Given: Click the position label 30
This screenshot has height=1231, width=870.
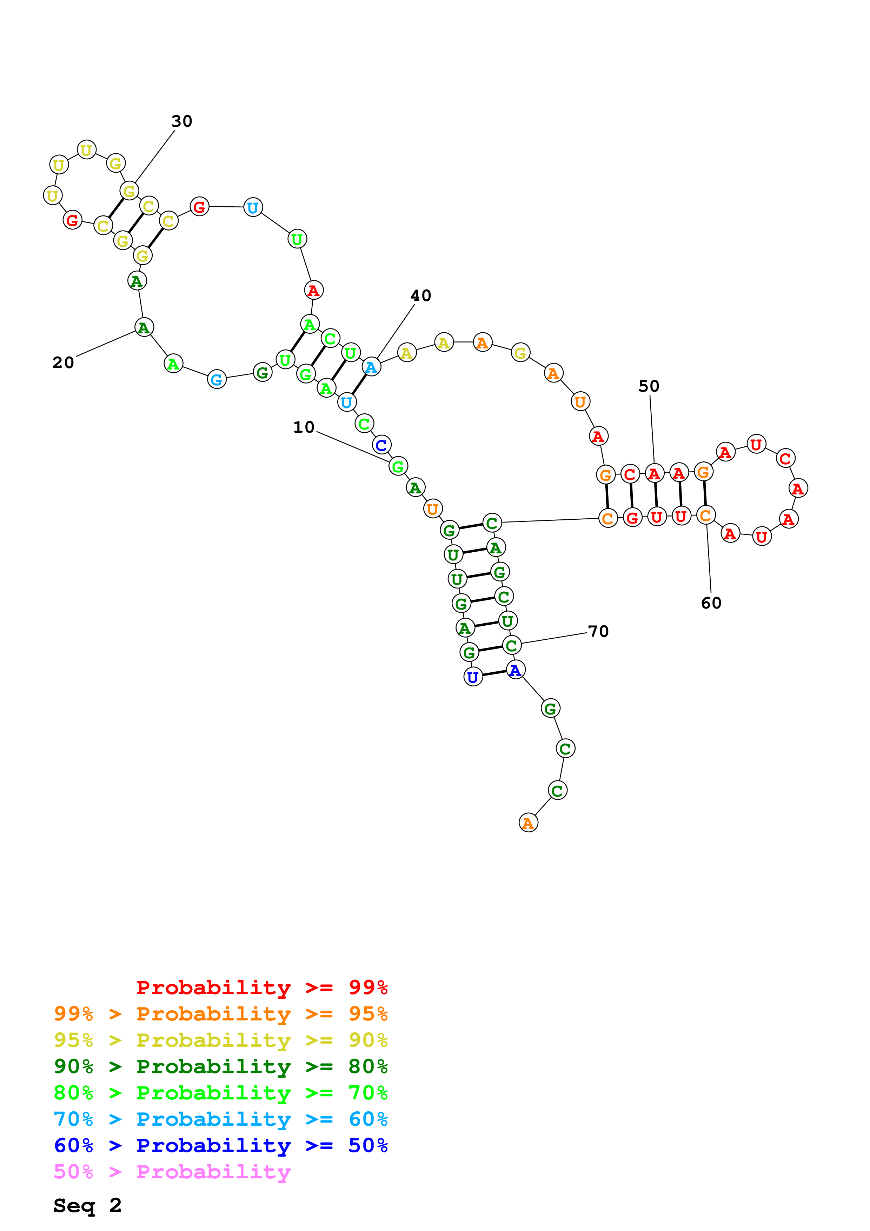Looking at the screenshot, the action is (182, 121).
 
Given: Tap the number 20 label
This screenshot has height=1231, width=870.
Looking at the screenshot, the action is (63, 362).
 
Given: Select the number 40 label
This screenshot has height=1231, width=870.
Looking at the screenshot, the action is (421, 295).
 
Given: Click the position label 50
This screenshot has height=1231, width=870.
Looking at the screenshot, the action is (649, 386).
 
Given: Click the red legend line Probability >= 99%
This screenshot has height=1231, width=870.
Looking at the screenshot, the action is (261, 987).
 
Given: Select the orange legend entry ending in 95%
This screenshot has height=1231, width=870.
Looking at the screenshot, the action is (220, 1013).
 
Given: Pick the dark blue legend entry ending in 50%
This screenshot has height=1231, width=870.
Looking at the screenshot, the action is (220, 1145).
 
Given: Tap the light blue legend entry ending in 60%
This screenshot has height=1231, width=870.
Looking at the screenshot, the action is (220, 1119).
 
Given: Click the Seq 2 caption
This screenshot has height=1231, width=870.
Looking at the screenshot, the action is (87, 1205).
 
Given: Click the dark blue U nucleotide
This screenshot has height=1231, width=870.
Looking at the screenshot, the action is (473, 677).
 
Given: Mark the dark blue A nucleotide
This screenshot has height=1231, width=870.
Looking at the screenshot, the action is (516, 670).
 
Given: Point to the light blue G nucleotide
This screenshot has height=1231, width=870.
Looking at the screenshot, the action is (217, 380).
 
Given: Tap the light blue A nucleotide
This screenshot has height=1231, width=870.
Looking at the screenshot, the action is (371, 367).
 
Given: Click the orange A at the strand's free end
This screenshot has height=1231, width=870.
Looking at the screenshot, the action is (529, 823).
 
